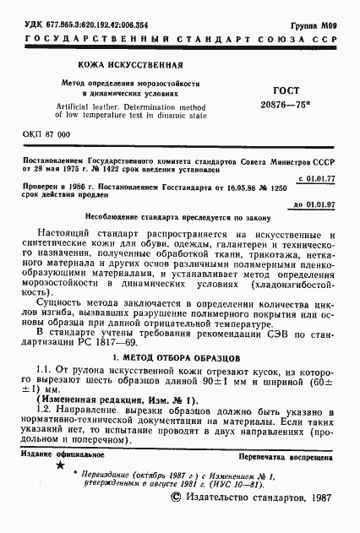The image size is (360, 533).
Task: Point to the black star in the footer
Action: click(59, 465)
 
